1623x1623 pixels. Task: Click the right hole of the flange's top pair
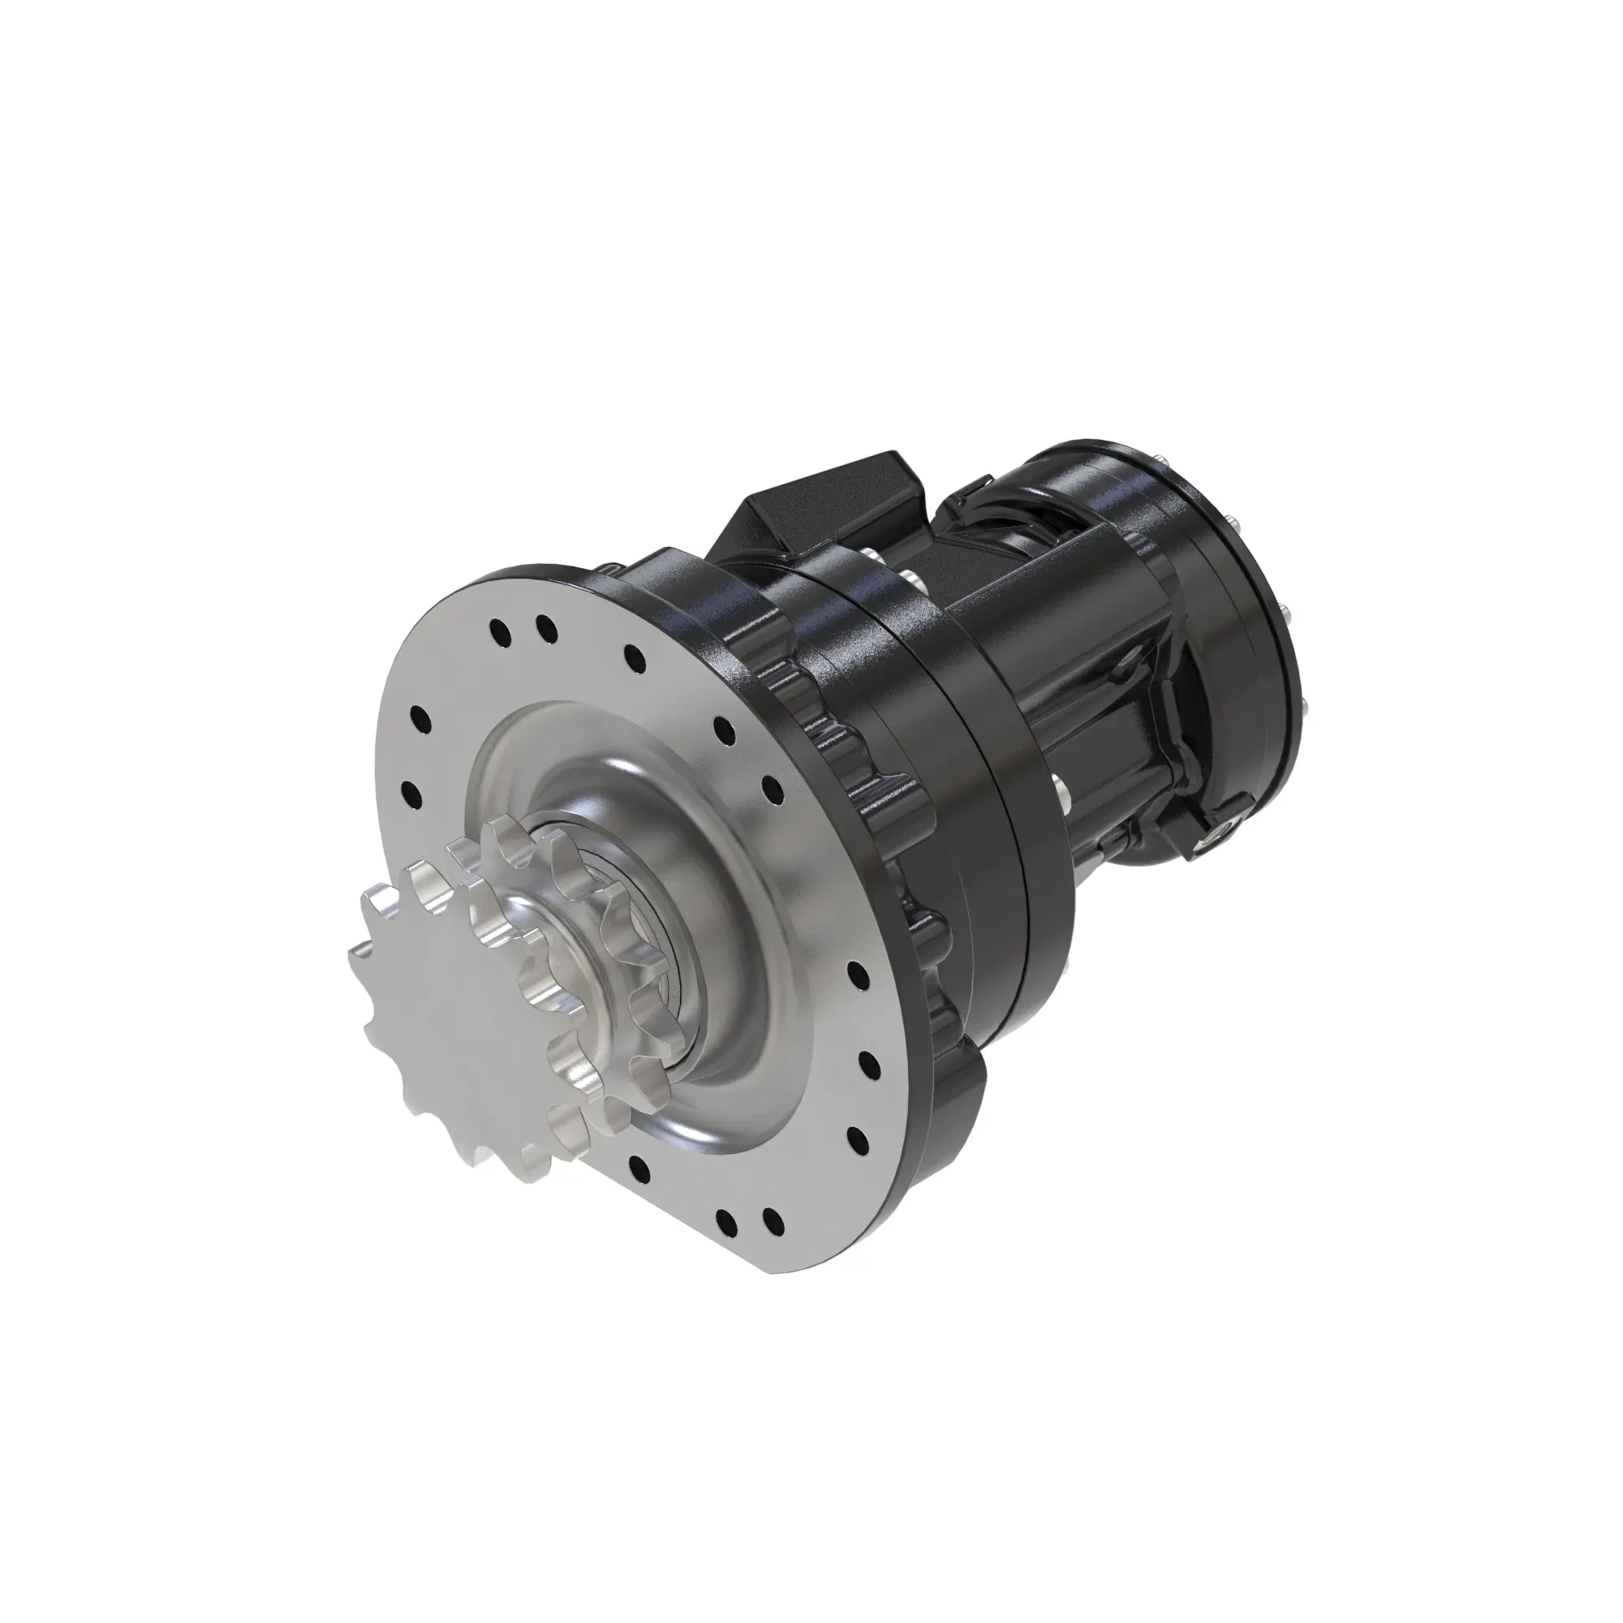click(x=546, y=626)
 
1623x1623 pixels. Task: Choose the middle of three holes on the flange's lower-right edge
click(x=870, y=1067)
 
